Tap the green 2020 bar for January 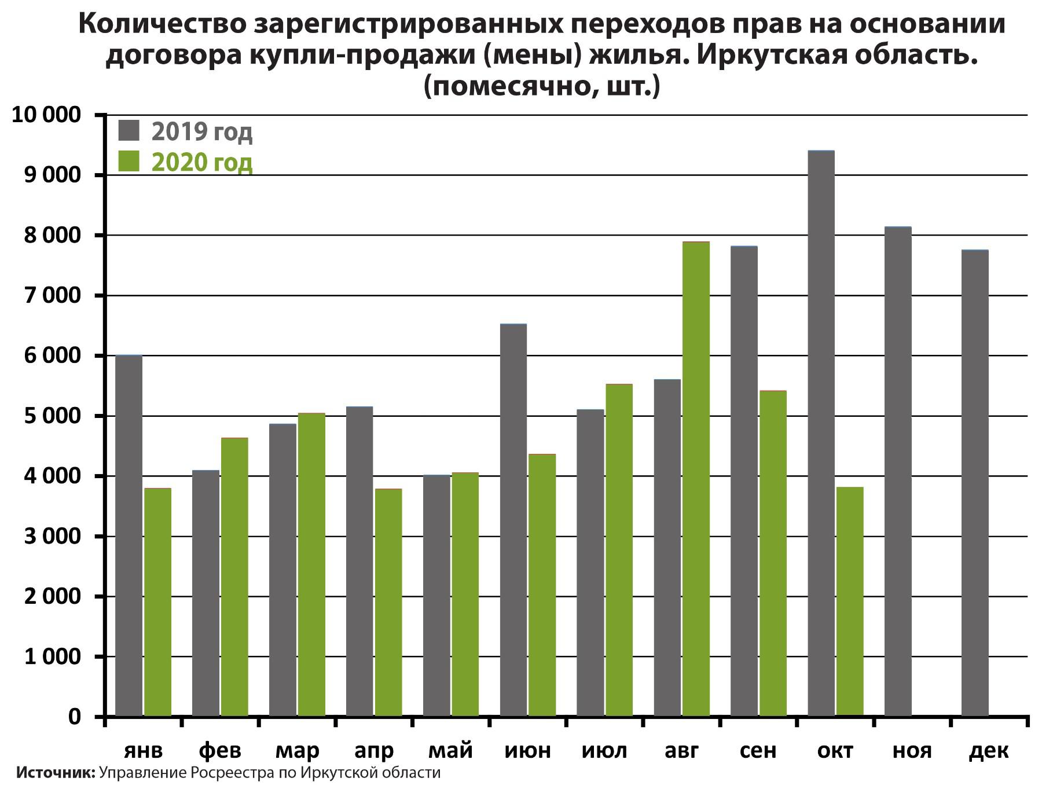[x=157, y=602]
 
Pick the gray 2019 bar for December [x=975, y=483]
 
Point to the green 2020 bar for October [x=850, y=601]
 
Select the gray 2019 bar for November [x=898, y=471]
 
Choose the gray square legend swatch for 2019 [x=129, y=130]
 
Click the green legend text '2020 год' [x=202, y=163]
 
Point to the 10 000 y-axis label [x=46, y=115]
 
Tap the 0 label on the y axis [x=75, y=717]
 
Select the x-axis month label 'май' [x=450, y=750]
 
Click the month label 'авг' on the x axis [x=681, y=750]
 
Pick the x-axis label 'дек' [x=989, y=750]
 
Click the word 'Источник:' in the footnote [x=56, y=773]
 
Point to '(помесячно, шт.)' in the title [x=541, y=87]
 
